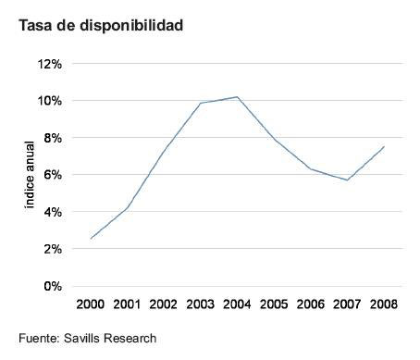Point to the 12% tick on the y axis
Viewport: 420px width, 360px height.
(x=49, y=64)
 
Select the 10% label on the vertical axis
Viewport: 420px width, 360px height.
(x=49, y=101)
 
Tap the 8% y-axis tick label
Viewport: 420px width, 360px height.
(x=52, y=138)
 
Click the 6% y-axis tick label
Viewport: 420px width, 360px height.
(x=52, y=175)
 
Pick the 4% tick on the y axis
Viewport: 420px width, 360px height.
(x=52, y=212)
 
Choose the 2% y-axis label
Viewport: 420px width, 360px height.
(x=52, y=249)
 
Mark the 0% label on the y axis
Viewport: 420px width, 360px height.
(x=52, y=286)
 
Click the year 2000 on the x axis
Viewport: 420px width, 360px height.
(x=91, y=304)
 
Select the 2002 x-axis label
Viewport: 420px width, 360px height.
(x=164, y=304)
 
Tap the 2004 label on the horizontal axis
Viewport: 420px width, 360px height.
(x=237, y=304)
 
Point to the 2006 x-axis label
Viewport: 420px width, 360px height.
(x=310, y=304)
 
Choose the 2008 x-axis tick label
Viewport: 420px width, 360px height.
(x=383, y=304)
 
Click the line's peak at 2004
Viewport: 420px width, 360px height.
(x=237, y=97)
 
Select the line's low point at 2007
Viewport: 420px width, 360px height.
(x=346, y=180)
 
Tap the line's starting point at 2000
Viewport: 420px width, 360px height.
(x=91, y=239)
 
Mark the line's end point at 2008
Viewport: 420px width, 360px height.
(x=383, y=146)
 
